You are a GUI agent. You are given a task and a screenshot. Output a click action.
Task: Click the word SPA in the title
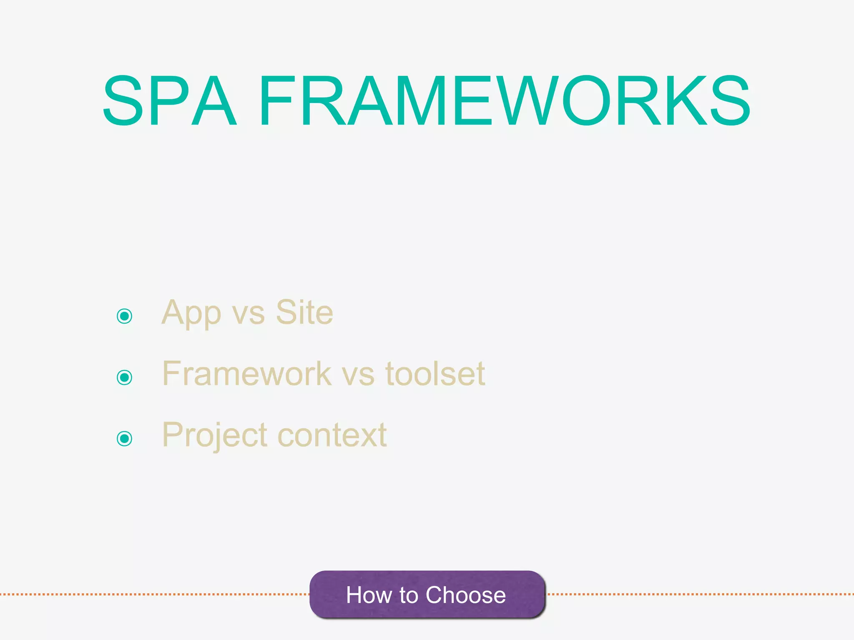tap(169, 100)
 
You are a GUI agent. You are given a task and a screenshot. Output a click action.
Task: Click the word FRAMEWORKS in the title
tap(505, 100)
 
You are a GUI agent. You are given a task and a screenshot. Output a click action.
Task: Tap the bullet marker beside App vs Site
tap(124, 316)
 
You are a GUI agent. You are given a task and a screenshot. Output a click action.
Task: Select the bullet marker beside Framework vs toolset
tap(124, 377)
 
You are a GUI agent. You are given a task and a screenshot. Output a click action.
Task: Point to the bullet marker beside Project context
tap(124, 438)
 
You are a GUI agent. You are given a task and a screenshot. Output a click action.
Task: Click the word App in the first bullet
tap(191, 313)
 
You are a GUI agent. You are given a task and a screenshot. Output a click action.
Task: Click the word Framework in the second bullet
tap(246, 373)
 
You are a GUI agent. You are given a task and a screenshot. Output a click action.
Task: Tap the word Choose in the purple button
tap(465, 595)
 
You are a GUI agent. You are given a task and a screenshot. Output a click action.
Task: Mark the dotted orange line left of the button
tap(154, 594)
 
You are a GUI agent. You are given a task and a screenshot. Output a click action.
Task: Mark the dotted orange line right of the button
tap(701, 594)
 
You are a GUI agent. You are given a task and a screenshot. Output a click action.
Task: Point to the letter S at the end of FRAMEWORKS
tap(731, 100)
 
